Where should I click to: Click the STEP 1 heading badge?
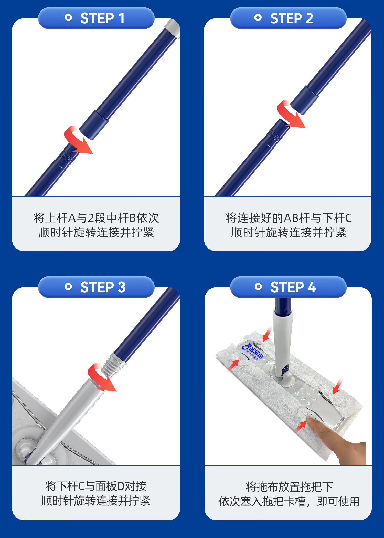[x=96, y=18]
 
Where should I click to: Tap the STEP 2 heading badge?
[x=288, y=18]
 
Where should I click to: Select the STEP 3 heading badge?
[x=96, y=287]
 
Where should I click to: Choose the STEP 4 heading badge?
[x=288, y=287]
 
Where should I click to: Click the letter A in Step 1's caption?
[x=72, y=218]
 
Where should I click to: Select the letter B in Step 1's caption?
[x=133, y=218]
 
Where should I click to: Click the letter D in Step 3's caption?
[x=121, y=487]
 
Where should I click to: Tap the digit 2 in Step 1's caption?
[x=91, y=218]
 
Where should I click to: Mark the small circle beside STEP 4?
[x=258, y=287]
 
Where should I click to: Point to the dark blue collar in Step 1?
[x=94, y=125]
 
